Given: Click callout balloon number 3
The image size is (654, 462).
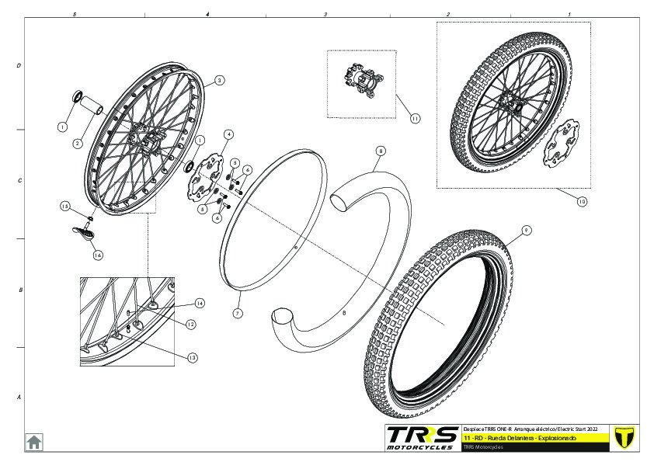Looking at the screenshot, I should click(x=220, y=80).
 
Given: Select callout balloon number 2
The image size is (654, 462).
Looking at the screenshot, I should click(x=78, y=144).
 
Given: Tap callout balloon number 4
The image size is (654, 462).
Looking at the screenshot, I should click(x=228, y=134).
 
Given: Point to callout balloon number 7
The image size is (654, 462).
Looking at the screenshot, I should click(x=238, y=313).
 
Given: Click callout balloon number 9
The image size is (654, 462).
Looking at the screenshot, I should click(x=526, y=230).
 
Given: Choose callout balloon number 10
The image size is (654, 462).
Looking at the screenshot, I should click(x=582, y=200).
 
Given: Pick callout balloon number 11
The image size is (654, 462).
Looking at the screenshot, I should click(x=415, y=119).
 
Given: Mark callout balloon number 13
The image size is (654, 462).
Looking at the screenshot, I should click(x=192, y=357).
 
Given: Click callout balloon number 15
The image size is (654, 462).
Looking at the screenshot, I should click(x=66, y=206).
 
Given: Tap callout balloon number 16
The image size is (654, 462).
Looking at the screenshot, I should click(x=98, y=254).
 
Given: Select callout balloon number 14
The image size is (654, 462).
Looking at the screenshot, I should click(x=200, y=303).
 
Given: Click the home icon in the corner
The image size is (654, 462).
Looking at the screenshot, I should click(x=34, y=442).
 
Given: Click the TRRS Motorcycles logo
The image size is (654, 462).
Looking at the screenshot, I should click(x=422, y=438).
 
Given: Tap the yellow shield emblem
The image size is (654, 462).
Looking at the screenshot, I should click(x=624, y=436).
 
